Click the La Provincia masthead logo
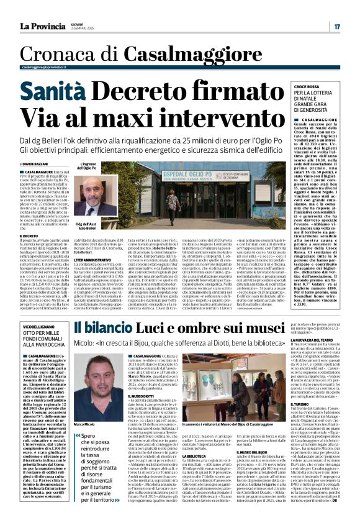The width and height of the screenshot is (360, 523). (44, 26)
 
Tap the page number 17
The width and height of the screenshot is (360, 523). (336, 27)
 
